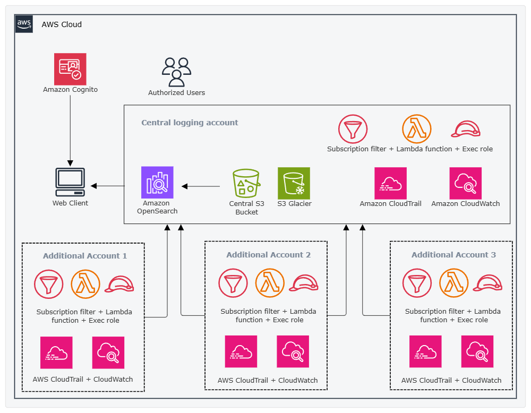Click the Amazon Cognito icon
pyautogui.click(x=70, y=69)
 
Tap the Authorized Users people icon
pyautogui.click(x=176, y=72)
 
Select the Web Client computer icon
pyautogui.click(x=70, y=183)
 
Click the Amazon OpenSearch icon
pyautogui.click(x=157, y=182)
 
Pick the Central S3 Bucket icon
pyautogui.click(x=246, y=184)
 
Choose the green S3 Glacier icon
pyautogui.click(x=294, y=184)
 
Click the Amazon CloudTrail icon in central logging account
pyautogui.click(x=390, y=183)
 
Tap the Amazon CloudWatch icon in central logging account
pyautogui.click(x=465, y=183)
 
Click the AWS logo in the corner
pyautogui.click(x=24, y=24)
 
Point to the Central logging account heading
pyautogui.click(x=190, y=123)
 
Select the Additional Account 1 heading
pyautogui.click(x=85, y=256)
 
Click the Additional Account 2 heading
pyautogui.click(x=269, y=255)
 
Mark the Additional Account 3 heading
pyautogui.click(x=453, y=255)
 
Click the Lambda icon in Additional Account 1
pyautogui.click(x=85, y=285)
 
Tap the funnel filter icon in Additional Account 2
pyautogui.click(x=233, y=283)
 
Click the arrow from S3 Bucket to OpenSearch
pyautogui.click(x=201, y=186)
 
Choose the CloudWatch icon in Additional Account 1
pyautogui.click(x=108, y=352)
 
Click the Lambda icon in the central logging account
pyautogui.click(x=416, y=129)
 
